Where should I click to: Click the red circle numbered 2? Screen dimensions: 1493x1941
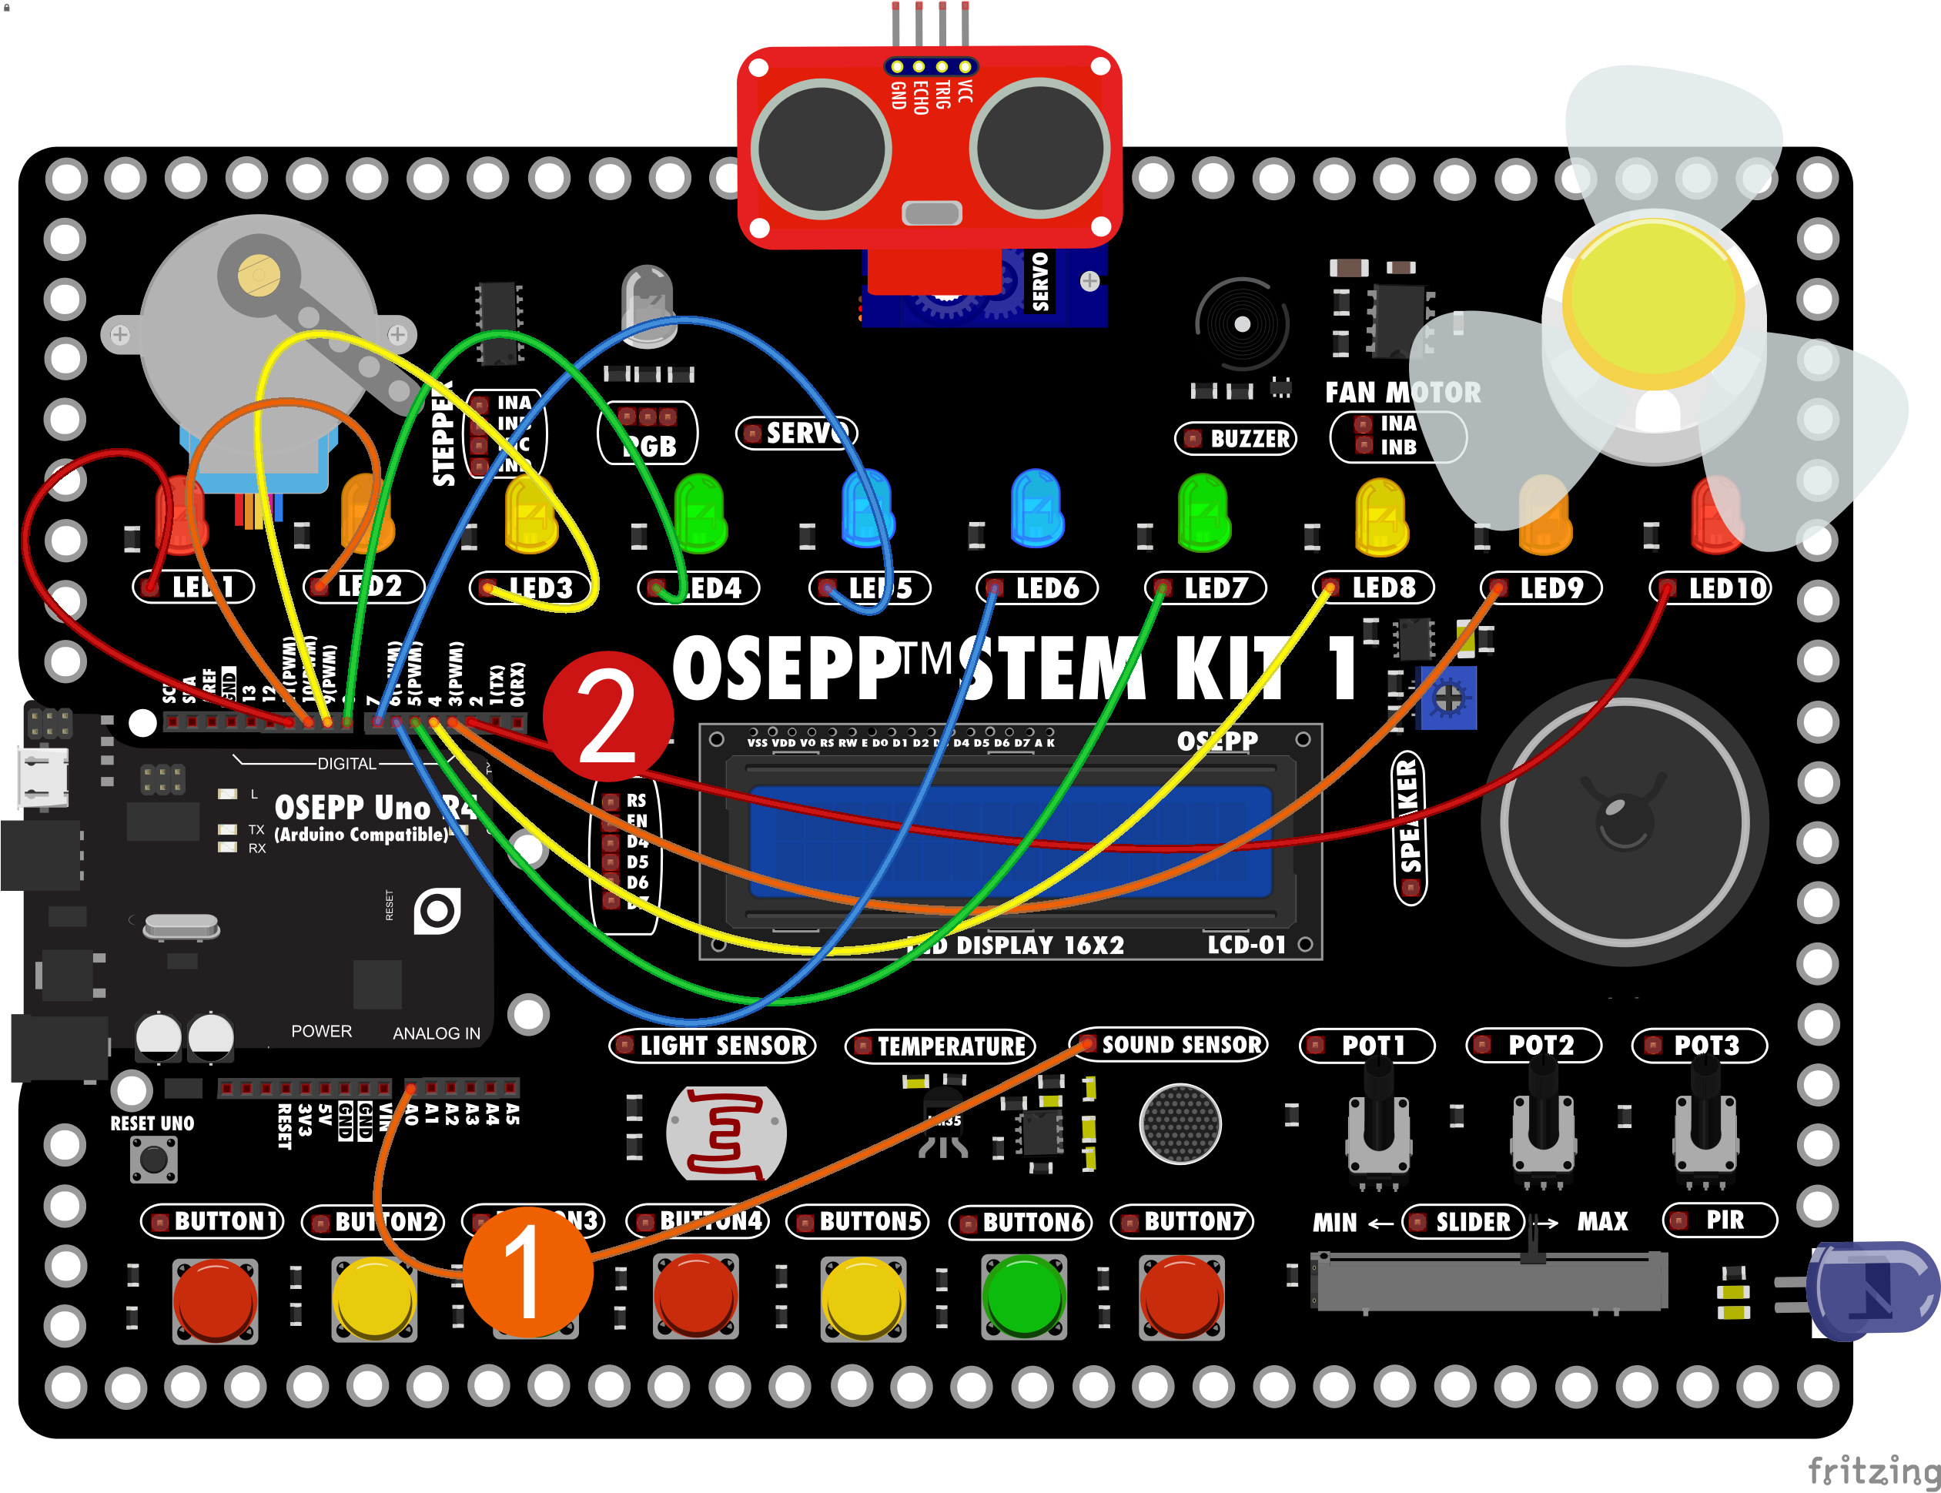click(x=608, y=716)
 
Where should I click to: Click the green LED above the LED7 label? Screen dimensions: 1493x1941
click(x=1203, y=513)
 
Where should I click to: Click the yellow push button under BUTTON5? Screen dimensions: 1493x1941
click(x=862, y=1297)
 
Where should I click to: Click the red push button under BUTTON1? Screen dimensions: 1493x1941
click(x=215, y=1299)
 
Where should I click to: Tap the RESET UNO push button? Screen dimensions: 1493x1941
click(x=154, y=1159)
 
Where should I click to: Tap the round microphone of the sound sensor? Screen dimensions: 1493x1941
click(x=1180, y=1123)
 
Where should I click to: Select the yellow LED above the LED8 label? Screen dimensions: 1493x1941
click(x=1380, y=515)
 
